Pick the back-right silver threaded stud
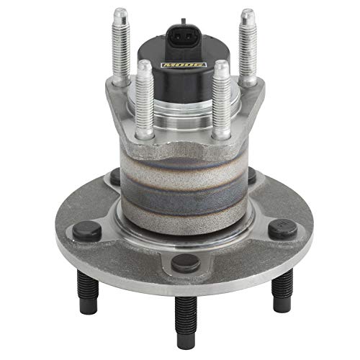point(247,43)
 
